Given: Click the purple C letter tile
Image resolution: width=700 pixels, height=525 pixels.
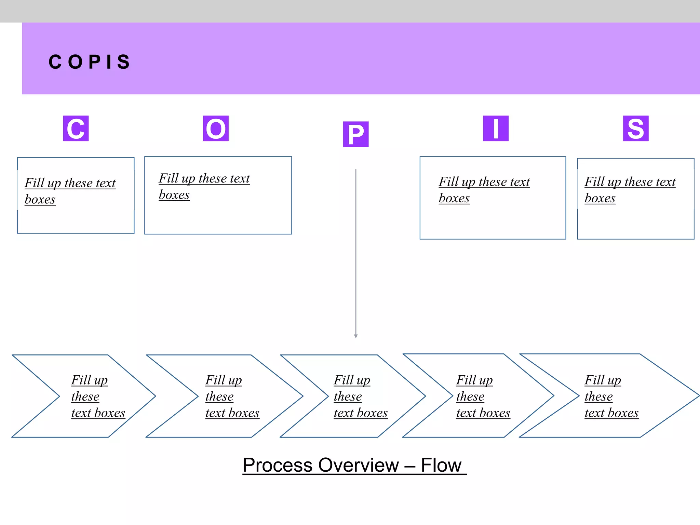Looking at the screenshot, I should [76, 129].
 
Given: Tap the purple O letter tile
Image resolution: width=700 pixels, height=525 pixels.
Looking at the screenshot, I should [216, 129].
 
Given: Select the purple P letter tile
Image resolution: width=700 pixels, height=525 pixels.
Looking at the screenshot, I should [355, 134].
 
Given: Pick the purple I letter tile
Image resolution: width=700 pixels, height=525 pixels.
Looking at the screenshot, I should [496, 129].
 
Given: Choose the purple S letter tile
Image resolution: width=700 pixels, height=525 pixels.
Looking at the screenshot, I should [635, 129].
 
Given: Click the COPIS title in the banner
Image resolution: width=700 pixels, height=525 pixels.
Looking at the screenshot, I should [90, 62].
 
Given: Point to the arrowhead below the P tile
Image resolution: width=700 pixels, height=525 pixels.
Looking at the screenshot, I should [356, 336].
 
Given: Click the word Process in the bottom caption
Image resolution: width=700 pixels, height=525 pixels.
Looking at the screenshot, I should [278, 465].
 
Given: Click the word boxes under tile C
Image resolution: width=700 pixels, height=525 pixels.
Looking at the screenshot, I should [40, 199].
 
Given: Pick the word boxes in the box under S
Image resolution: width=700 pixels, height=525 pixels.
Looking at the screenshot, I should [600, 198].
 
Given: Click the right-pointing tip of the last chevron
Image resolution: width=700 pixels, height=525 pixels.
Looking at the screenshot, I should [697, 395].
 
